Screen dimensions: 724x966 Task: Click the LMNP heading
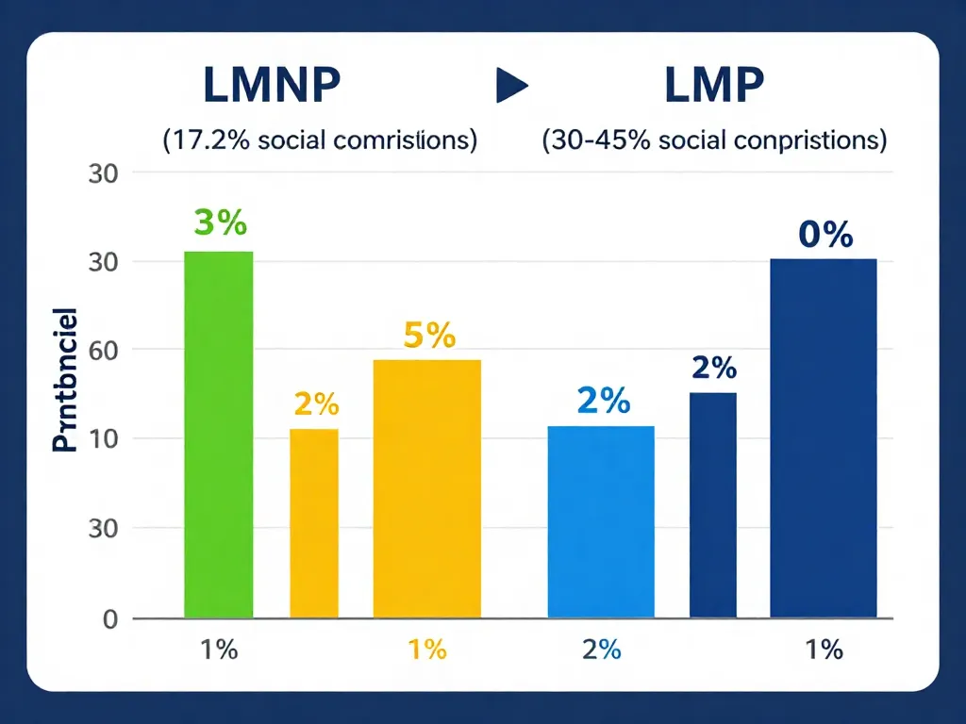point(271,87)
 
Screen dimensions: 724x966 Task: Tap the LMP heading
point(714,87)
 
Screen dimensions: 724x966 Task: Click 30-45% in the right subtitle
point(583,140)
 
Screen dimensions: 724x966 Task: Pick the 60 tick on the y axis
point(104,351)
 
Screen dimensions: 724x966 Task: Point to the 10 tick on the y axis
point(104,439)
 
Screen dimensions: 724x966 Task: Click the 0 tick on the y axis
point(110,619)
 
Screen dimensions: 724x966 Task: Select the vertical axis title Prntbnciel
point(64,378)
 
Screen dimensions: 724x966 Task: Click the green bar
point(219,434)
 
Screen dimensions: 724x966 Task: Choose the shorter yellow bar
point(313,523)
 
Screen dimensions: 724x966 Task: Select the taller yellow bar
point(427,488)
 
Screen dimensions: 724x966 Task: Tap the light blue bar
point(601,521)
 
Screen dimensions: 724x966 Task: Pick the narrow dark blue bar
point(713,504)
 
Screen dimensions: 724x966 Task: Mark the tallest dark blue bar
point(824,438)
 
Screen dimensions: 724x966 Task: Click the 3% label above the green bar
point(220,224)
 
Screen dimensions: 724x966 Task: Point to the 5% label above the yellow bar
point(429,336)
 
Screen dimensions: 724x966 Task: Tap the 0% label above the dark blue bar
point(824,235)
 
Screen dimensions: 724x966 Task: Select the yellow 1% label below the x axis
point(427,650)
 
